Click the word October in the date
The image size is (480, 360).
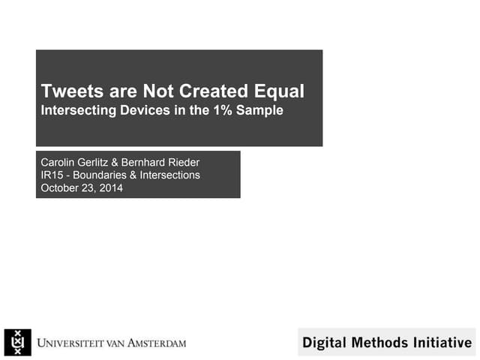click(60, 188)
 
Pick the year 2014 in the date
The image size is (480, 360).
click(111, 188)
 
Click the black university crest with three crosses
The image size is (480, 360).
click(17, 343)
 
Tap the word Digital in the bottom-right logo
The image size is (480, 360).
click(322, 343)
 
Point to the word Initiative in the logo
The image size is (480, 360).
click(439, 343)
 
